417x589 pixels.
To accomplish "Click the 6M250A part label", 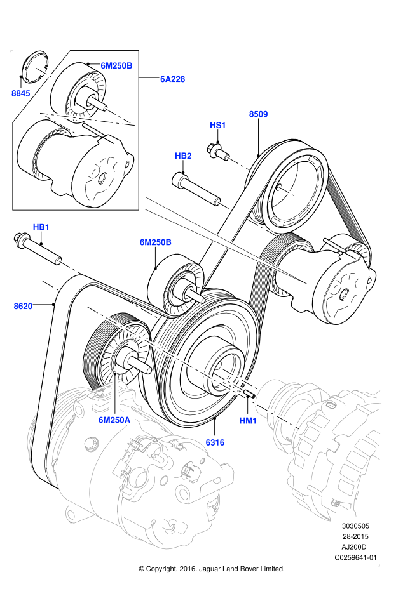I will tap(114, 420).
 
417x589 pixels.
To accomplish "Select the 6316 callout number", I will tap(215, 442).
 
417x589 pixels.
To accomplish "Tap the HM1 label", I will tap(248, 421).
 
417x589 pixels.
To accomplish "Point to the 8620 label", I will tap(23, 306).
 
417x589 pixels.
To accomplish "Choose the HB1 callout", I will tap(41, 227).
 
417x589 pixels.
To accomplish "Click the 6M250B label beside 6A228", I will tap(116, 65).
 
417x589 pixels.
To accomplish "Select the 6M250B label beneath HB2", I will tap(155, 242).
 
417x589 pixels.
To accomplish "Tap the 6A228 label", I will tap(172, 79).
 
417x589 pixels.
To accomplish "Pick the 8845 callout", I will tap(21, 93).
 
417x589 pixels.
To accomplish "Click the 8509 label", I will tap(258, 114).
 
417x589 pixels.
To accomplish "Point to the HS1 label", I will tap(218, 125).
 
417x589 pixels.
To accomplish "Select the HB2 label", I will tap(183, 156).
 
